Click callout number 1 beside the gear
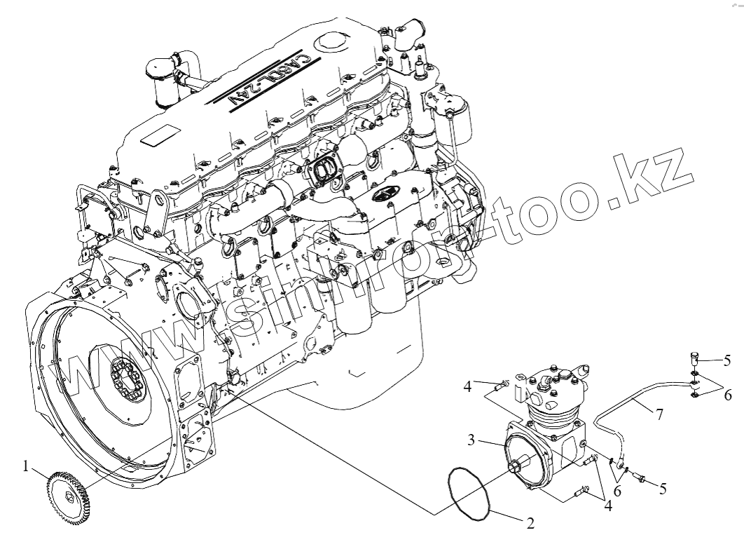(x=27, y=466)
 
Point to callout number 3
(x=473, y=440)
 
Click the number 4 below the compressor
(x=607, y=506)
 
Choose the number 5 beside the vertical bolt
(x=727, y=361)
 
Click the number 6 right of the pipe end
(x=728, y=395)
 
